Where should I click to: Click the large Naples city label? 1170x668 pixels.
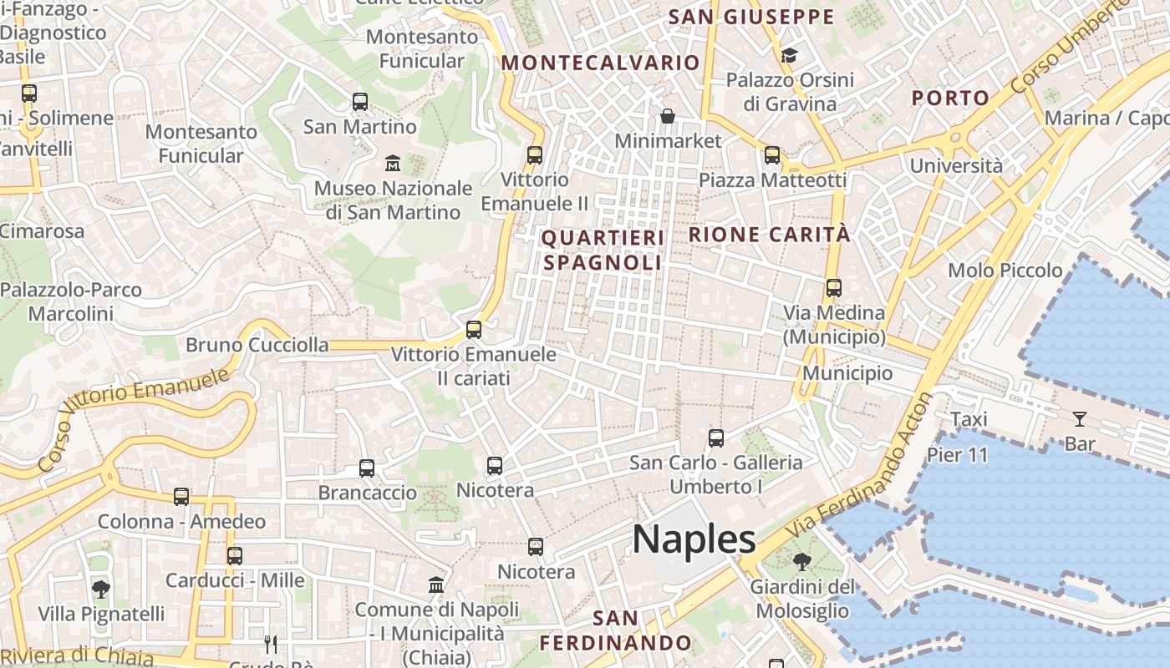[694, 539]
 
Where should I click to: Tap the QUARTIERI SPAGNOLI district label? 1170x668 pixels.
[603, 250]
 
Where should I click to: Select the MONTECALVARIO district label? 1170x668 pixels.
[600, 63]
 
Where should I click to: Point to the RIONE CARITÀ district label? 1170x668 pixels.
[769, 235]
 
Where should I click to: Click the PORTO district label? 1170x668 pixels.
[950, 98]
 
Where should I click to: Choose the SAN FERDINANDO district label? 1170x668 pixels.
[615, 630]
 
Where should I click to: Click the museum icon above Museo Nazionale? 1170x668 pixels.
[392, 163]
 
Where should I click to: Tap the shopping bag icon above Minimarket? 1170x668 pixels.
[667, 116]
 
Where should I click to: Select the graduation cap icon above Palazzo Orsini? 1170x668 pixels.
[789, 56]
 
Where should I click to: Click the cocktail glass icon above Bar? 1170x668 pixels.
[1080, 418]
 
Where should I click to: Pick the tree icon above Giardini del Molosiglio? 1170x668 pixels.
[801, 561]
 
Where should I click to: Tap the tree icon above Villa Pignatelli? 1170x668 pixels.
[100, 589]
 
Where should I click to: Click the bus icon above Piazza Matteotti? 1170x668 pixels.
[772, 155]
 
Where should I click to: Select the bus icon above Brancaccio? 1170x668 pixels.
[367, 468]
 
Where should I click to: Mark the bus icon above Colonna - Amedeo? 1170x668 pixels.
[181, 497]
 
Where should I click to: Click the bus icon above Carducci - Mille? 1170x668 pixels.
[235, 555]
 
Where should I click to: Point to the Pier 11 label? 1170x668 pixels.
[957, 455]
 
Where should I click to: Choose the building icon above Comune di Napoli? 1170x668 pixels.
[436, 584]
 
